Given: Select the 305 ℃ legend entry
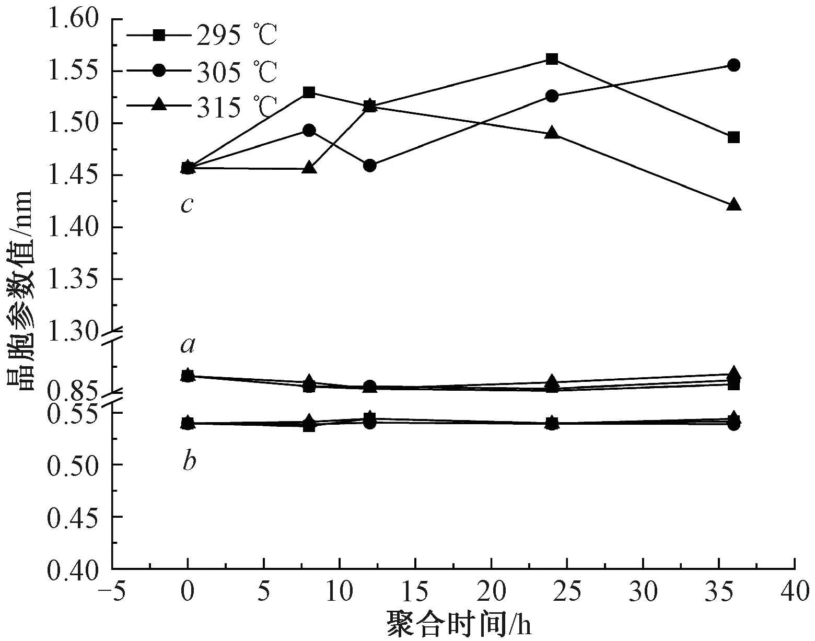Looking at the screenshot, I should (x=201, y=72).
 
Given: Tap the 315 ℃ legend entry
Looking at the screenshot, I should (x=201, y=106).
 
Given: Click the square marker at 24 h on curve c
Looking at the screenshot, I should (x=552, y=59).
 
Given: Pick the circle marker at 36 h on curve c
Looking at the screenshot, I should (x=733, y=65).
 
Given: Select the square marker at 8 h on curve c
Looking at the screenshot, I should (x=309, y=93).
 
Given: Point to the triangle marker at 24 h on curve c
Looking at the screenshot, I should (x=552, y=133).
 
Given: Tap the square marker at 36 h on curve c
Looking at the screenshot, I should (x=733, y=137).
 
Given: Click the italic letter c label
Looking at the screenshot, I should (x=187, y=204).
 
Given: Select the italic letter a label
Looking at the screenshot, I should (x=187, y=344).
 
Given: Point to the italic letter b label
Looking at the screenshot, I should (x=189, y=461).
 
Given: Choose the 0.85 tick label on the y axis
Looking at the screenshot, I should (x=73, y=391).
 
